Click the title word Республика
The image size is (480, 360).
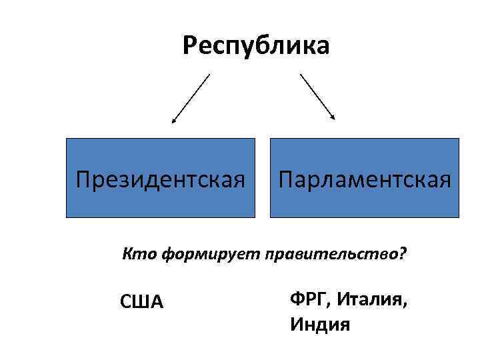click(x=256, y=46)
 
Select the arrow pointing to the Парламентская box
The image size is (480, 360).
click(x=317, y=97)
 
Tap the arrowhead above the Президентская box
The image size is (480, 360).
click(x=173, y=121)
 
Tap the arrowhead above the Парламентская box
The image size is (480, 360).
click(x=333, y=118)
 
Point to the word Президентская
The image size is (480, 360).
click(x=160, y=179)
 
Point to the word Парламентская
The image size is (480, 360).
click(x=365, y=179)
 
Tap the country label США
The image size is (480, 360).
click(x=141, y=301)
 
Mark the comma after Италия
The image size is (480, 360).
click(x=405, y=303)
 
